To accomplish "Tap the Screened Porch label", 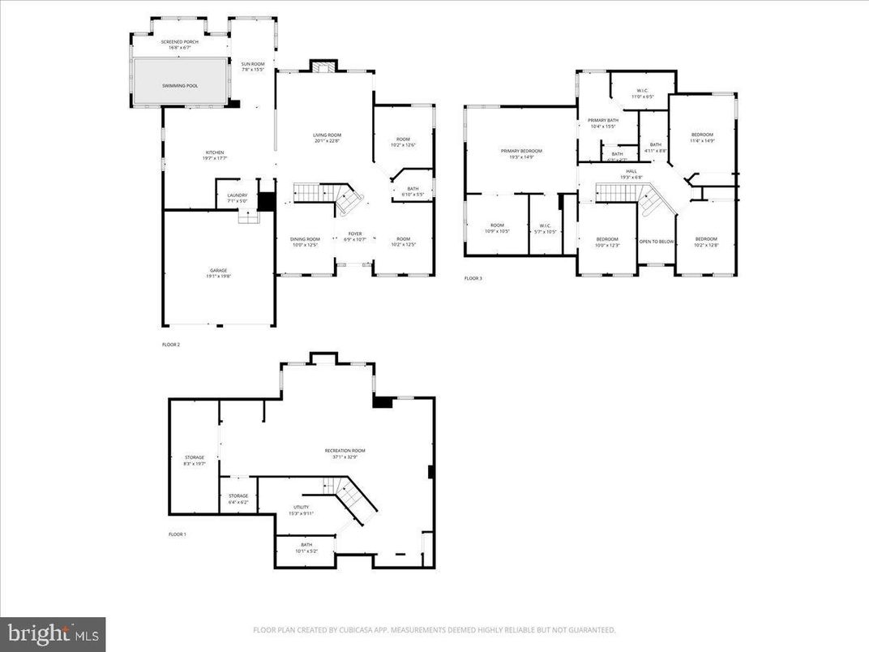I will click(180, 45).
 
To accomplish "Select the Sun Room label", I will click(253, 66).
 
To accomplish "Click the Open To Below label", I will click(656, 242).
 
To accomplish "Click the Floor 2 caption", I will click(171, 345).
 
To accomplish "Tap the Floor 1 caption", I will click(177, 534).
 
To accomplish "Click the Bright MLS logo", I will click(53, 633).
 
